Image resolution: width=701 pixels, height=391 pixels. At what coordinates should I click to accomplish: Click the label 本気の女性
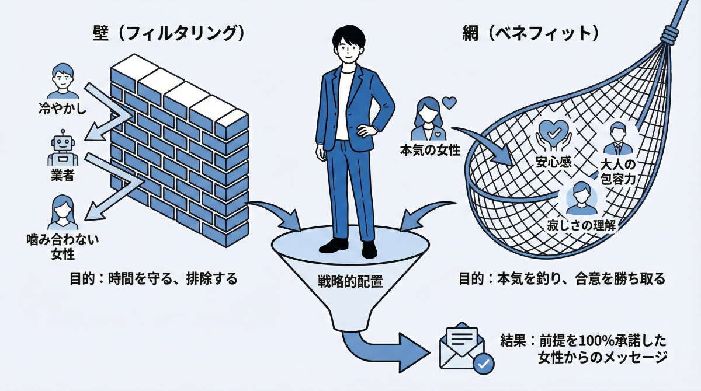(430, 150)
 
